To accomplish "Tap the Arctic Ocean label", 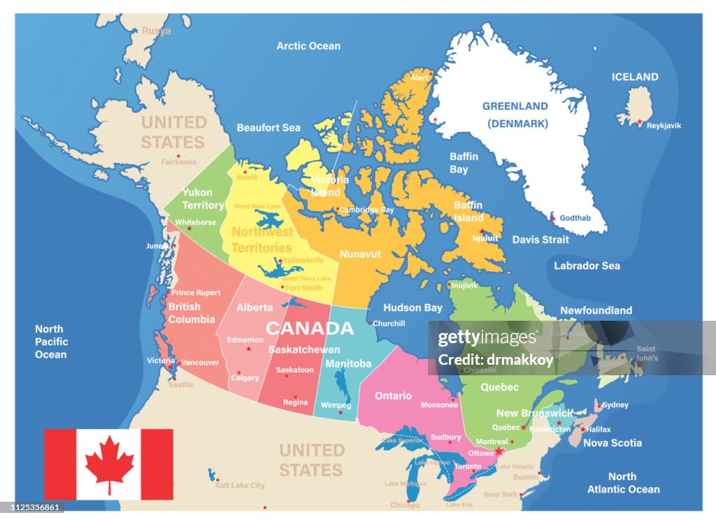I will pyautogui.click(x=308, y=46).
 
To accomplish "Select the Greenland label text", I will pyautogui.click(x=515, y=106).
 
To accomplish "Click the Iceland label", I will pyautogui.click(x=635, y=77).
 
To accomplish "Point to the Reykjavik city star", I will pyautogui.click(x=639, y=122).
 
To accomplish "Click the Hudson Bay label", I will pyautogui.click(x=413, y=307).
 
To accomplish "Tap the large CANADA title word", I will pyautogui.click(x=310, y=328).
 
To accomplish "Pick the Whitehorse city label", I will pyautogui.click(x=196, y=222).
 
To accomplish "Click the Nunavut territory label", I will pyautogui.click(x=360, y=254).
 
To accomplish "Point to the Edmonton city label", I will pyautogui.click(x=245, y=340).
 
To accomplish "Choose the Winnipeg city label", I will pyautogui.click(x=336, y=405).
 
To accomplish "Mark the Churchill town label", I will pyautogui.click(x=389, y=324).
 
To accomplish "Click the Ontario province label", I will pyautogui.click(x=393, y=396).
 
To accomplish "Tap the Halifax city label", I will pyautogui.click(x=599, y=430).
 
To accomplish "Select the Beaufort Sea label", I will pyautogui.click(x=268, y=128).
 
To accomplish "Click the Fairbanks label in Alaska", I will pyautogui.click(x=179, y=161).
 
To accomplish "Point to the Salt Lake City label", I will pyautogui.click(x=240, y=486).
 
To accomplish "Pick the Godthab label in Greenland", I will pyautogui.click(x=575, y=218).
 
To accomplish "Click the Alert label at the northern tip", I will pyautogui.click(x=420, y=78).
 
